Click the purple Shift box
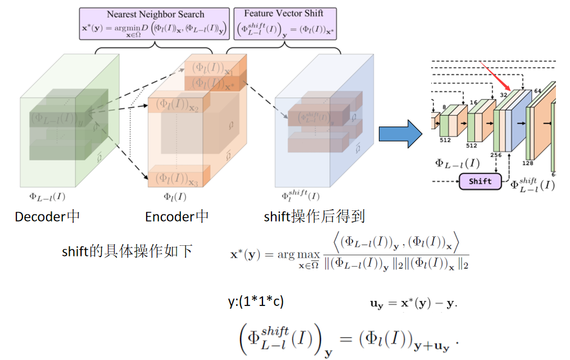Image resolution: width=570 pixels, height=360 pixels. click(x=479, y=181)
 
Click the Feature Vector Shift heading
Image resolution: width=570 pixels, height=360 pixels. click(x=283, y=13)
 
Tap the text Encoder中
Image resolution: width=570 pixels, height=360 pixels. click(x=177, y=217)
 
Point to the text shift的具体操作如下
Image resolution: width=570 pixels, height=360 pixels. click(x=127, y=251)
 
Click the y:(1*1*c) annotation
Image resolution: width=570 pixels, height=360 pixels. click(x=256, y=301)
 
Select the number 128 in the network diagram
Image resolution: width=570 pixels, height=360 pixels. click(x=528, y=163)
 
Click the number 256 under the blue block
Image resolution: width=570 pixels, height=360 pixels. click(x=495, y=155)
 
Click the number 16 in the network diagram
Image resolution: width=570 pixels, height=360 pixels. click(x=473, y=103)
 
